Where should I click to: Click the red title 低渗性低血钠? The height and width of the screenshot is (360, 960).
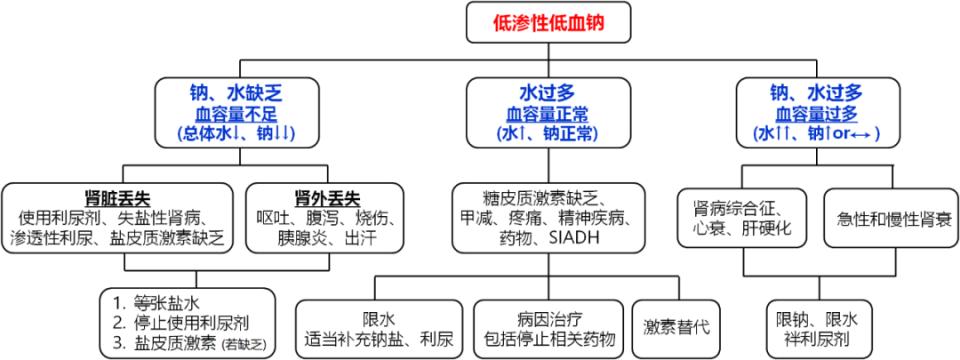[x=549, y=21]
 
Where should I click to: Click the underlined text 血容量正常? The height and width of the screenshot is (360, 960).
[x=548, y=113]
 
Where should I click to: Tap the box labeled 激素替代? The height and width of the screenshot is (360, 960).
[x=676, y=327]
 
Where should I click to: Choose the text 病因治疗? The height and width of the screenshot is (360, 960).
[x=548, y=317]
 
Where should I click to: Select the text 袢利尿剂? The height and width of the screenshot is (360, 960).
[x=817, y=341]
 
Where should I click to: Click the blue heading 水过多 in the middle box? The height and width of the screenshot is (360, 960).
[x=548, y=93]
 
